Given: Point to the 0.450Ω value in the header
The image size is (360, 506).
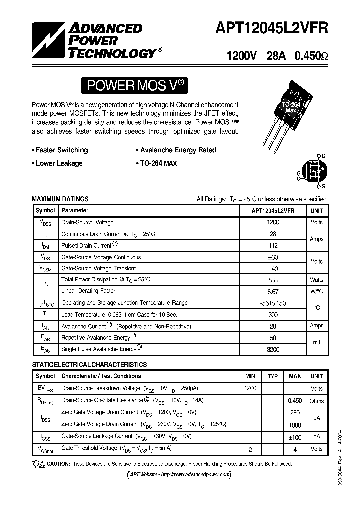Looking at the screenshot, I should [x=312, y=56].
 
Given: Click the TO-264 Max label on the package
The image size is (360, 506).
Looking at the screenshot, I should [x=291, y=106].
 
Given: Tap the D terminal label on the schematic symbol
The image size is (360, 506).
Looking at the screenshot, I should [x=323, y=156].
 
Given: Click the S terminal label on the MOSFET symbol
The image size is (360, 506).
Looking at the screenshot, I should [x=323, y=186].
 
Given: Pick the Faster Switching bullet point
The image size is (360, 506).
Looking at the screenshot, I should [x=60, y=150].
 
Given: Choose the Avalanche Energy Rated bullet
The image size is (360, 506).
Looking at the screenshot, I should [x=176, y=150].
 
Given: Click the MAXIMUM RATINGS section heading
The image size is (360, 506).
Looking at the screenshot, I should [x=60, y=199].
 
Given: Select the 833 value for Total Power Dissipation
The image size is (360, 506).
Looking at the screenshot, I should [x=273, y=280].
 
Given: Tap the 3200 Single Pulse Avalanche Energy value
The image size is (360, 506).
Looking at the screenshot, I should [x=273, y=350].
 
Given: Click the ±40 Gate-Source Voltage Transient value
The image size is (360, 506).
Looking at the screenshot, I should [x=273, y=268].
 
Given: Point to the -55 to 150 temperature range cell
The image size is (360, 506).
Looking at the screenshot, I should [x=273, y=303].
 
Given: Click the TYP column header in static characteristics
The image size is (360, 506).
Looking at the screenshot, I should [x=272, y=376].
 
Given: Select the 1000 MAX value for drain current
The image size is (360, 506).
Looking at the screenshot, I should [x=295, y=425].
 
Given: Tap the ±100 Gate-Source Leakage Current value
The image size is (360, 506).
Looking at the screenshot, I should [x=295, y=437].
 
